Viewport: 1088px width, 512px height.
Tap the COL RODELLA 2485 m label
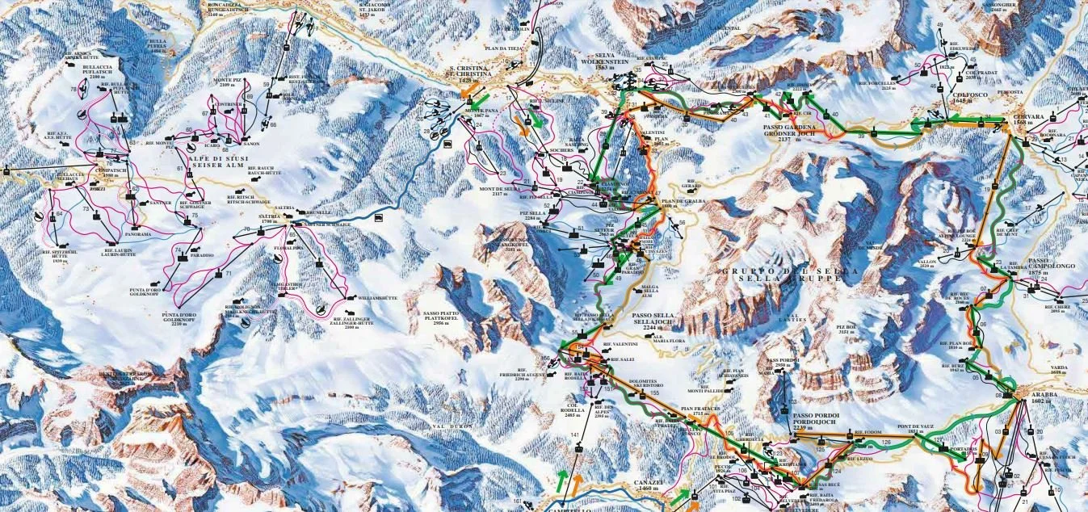573,409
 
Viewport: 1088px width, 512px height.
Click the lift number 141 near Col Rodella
576,435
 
